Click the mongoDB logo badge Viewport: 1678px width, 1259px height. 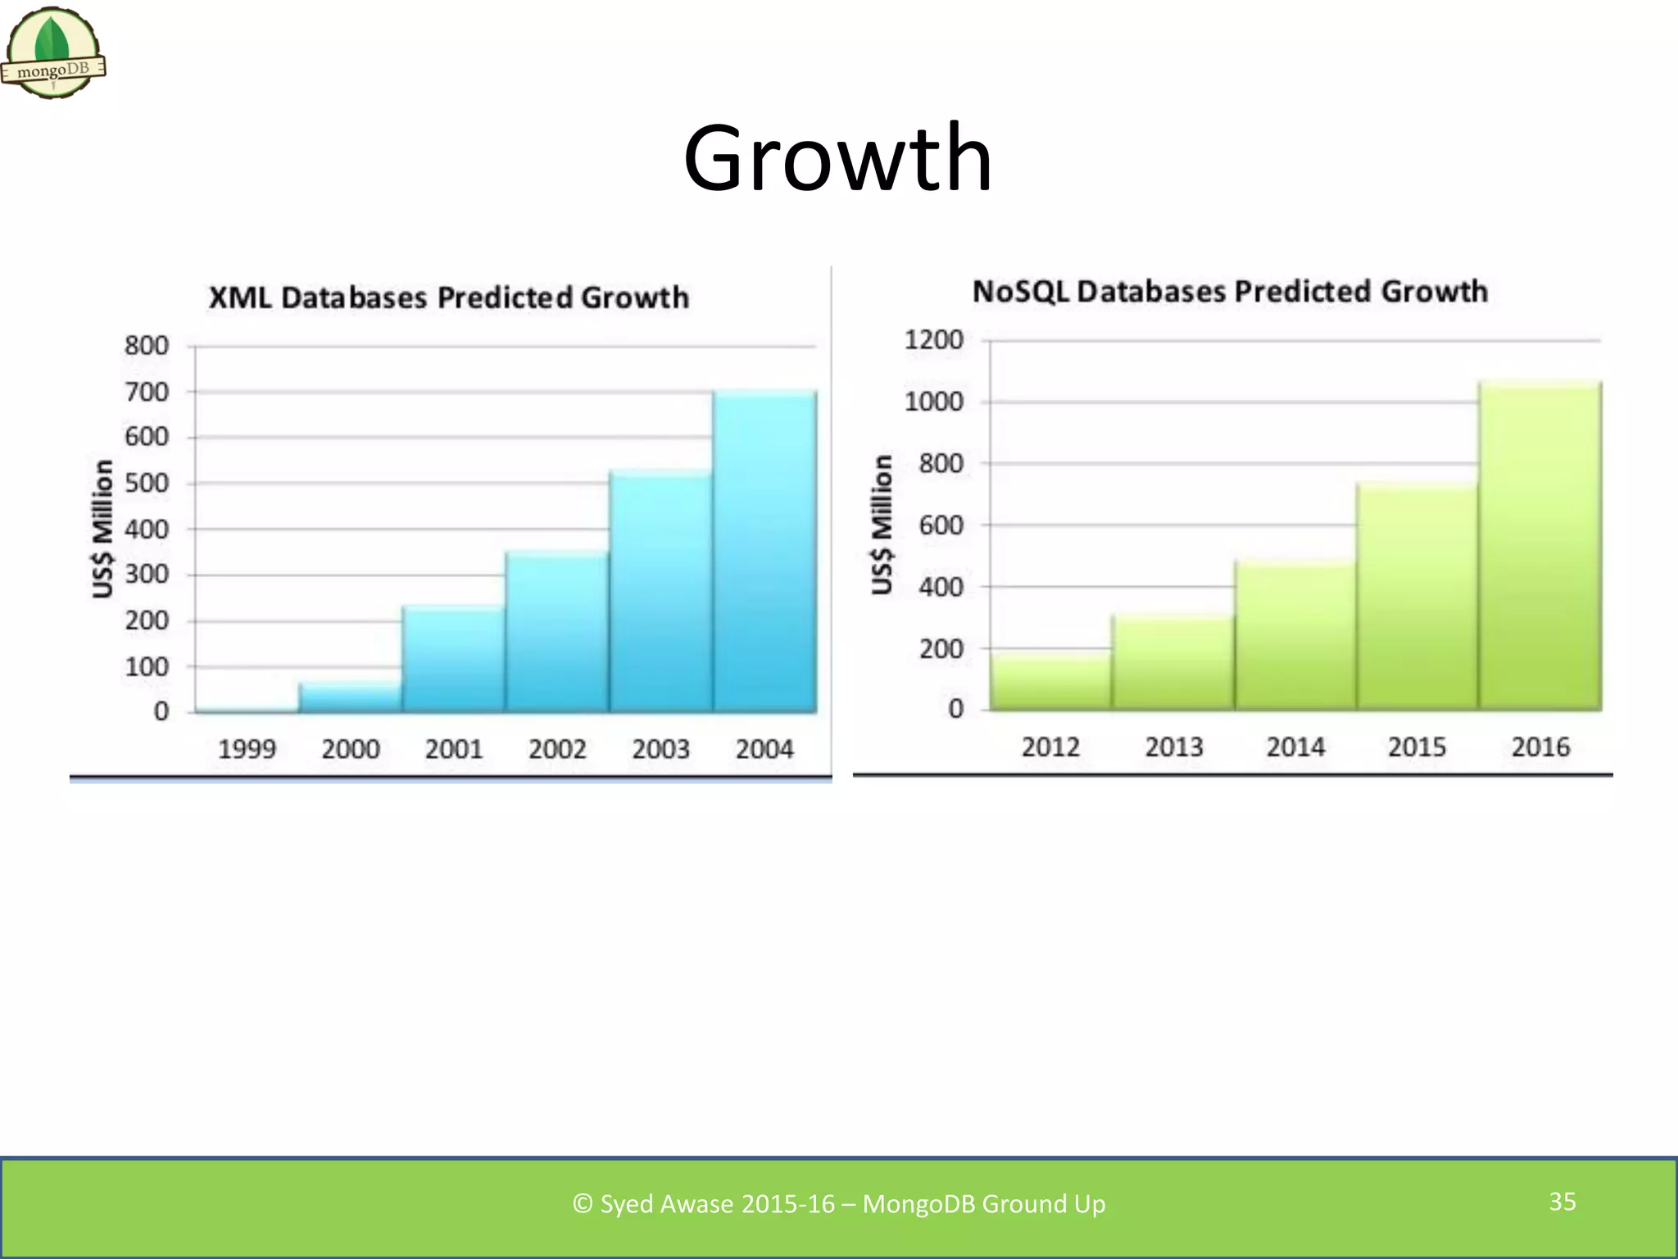pos(53,53)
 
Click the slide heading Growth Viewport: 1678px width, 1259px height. pos(837,157)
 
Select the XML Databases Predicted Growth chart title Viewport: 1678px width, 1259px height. pos(448,298)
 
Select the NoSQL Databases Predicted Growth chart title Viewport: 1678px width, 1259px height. pos(1229,292)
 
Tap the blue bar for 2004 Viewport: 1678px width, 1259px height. pos(764,551)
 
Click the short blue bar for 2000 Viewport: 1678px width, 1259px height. pos(350,697)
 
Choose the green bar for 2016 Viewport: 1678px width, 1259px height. pos(1540,546)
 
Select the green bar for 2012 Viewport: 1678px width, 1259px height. pos(1050,679)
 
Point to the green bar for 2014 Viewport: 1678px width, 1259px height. pos(1295,635)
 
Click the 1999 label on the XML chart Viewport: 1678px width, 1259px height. pos(247,749)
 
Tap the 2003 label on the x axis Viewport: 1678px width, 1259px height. pos(660,749)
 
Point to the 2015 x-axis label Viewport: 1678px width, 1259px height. pos(1417,747)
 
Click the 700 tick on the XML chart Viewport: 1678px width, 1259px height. pos(147,393)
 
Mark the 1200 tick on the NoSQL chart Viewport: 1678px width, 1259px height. pos(933,340)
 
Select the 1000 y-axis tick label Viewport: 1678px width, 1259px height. pos(933,402)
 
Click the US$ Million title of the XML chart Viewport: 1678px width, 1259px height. pos(102,529)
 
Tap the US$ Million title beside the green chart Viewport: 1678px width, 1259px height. pos(882,525)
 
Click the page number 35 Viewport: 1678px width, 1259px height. pos(1562,1202)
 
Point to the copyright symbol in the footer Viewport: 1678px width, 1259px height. pos(582,1203)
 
